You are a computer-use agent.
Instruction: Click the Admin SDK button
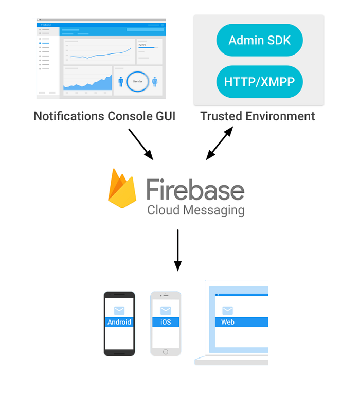[259, 40]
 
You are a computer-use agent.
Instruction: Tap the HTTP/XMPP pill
[259, 82]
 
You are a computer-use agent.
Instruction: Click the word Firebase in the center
[195, 190]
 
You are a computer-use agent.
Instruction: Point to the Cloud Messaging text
[195, 210]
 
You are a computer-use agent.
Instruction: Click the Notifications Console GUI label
[104, 116]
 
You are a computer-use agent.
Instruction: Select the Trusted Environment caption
[257, 116]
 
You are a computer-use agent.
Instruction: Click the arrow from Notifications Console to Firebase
[140, 144]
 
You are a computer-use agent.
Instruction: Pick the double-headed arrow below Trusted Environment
[220, 144]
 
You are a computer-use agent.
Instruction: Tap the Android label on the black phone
[119, 323]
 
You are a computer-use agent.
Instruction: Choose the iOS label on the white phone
[166, 323]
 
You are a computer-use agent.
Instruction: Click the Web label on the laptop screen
[228, 323]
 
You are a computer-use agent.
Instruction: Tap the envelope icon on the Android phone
[119, 310]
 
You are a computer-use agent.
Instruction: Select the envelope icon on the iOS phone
[166, 310]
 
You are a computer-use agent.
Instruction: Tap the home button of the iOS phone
[166, 352]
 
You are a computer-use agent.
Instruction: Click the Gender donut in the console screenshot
[137, 81]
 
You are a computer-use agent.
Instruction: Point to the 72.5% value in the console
[142, 45]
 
